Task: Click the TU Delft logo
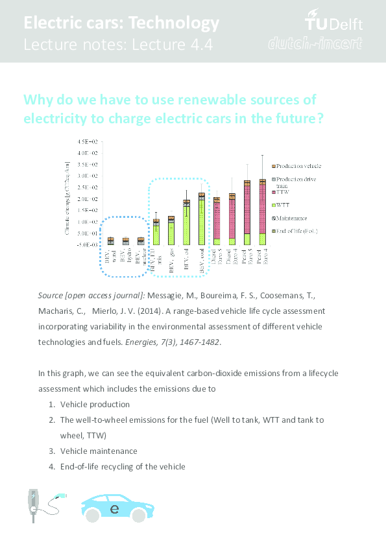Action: tap(333, 23)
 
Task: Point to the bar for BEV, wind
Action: tap(111, 241)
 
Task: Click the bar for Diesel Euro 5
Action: tap(216, 221)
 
